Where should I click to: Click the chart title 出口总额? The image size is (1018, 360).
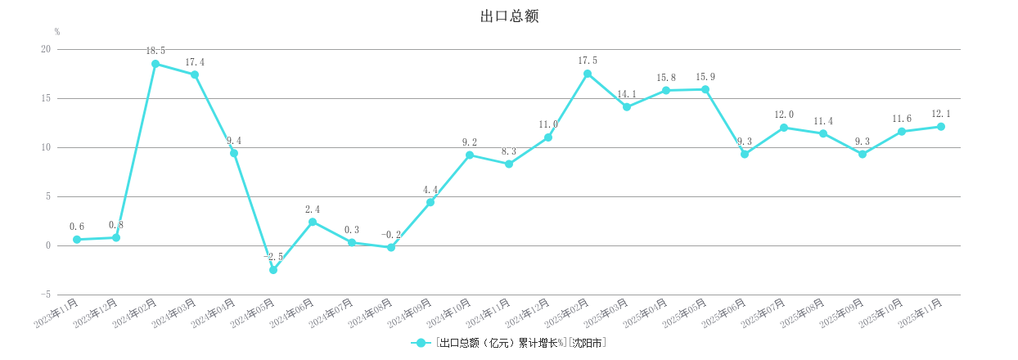pos(508,16)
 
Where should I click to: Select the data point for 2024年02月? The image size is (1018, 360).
pos(155,64)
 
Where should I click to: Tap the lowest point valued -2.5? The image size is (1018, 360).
pos(273,270)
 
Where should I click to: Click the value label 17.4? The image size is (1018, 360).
pos(195,62)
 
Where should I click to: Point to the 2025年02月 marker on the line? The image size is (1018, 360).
pos(588,74)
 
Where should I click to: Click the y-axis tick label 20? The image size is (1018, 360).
pos(46,49)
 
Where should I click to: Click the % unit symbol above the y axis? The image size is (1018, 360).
pos(57,32)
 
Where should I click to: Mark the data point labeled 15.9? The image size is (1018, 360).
pos(705,89)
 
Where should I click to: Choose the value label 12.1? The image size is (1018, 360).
pos(941,114)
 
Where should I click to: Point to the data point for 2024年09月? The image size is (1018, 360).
pos(430,202)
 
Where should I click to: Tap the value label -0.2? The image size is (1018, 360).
pos(391,235)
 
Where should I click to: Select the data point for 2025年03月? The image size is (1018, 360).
pos(627,107)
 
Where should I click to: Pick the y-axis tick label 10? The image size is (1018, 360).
pos(46,147)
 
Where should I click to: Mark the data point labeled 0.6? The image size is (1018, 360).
pos(77,240)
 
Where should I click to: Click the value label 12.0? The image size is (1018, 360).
pos(784,115)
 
